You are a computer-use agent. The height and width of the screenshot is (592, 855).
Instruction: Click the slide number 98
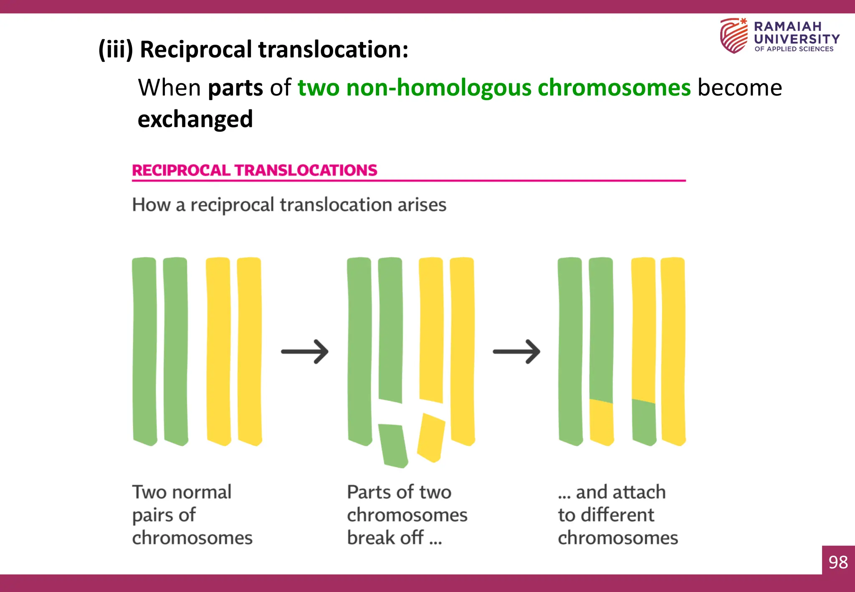pyautogui.click(x=838, y=562)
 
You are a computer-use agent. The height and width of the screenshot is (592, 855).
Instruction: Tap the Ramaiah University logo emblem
pyautogui.click(x=734, y=35)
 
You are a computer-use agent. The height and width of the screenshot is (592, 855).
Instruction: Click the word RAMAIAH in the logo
pyautogui.click(x=787, y=26)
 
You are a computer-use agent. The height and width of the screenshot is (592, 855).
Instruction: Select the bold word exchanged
pyautogui.click(x=195, y=119)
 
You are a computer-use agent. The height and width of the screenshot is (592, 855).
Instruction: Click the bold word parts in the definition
pyautogui.click(x=235, y=88)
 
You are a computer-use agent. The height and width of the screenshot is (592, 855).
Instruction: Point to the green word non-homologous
pyautogui.click(x=439, y=88)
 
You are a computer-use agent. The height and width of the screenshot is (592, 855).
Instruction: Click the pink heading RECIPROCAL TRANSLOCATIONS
pyautogui.click(x=254, y=170)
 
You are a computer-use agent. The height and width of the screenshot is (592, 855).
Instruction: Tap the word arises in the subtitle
pyautogui.click(x=422, y=205)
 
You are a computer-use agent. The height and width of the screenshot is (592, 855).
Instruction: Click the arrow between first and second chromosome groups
pyautogui.click(x=305, y=352)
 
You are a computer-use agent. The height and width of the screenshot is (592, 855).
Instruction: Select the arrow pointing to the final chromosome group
pyautogui.click(x=516, y=352)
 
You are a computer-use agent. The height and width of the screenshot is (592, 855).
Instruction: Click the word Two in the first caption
pyautogui.click(x=149, y=492)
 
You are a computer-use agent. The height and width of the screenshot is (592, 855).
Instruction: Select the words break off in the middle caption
pyautogui.click(x=385, y=538)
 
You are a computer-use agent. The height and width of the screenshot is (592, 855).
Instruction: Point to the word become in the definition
pyautogui.click(x=739, y=88)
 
